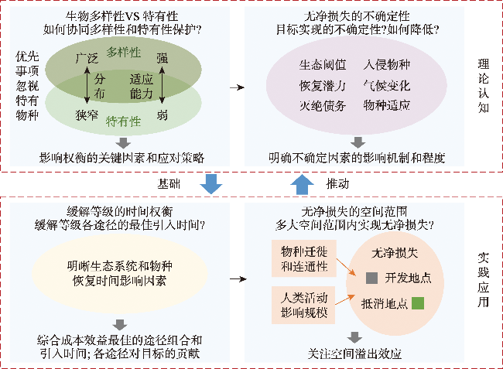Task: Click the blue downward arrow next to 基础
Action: coord(210,184)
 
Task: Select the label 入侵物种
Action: coord(387,65)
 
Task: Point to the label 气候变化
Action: coord(387,85)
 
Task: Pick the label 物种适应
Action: coord(387,105)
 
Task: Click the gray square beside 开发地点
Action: coord(371,276)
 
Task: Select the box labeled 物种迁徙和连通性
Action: coord(300,259)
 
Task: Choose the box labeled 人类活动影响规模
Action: coord(300,304)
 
